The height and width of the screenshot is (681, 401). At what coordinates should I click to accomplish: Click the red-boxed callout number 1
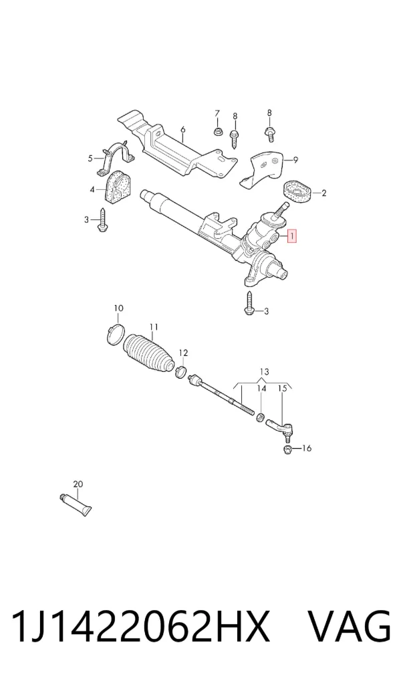click(x=293, y=237)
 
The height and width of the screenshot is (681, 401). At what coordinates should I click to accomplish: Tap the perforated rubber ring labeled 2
click(x=297, y=193)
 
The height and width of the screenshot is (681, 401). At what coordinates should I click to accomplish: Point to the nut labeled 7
click(x=217, y=131)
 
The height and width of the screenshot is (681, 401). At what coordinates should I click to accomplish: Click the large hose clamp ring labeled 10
click(x=116, y=334)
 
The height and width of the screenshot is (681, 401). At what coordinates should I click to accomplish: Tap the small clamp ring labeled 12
click(x=182, y=371)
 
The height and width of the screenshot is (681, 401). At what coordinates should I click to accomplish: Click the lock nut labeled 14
click(x=261, y=417)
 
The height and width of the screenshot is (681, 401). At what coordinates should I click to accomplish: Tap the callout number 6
click(x=182, y=129)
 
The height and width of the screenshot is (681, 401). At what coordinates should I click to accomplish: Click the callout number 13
click(x=264, y=372)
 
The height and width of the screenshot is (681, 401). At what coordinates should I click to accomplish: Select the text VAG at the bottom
click(x=350, y=625)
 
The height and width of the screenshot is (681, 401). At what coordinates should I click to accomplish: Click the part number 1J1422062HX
click(x=140, y=625)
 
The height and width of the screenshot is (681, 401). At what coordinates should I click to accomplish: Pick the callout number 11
click(x=154, y=326)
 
